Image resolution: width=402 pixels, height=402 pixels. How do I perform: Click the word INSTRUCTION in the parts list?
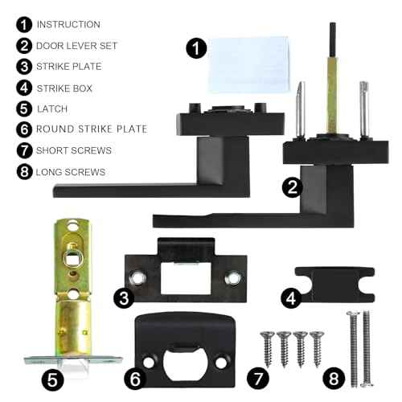[x=68, y=24]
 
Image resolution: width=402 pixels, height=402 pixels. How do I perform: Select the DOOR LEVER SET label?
[x=76, y=46]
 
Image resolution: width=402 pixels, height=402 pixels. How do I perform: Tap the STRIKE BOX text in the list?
[x=64, y=88]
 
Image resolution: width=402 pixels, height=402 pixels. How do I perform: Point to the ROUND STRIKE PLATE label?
[x=92, y=129]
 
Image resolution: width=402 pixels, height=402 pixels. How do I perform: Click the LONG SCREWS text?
[x=71, y=172]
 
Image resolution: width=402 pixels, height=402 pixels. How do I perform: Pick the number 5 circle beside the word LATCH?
[x=24, y=109]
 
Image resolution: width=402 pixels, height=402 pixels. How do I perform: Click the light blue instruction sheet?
[x=248, y=64]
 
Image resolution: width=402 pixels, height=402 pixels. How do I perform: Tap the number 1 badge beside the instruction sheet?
[x=196, y=48]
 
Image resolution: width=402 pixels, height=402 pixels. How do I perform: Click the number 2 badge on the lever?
[x=293, y=187]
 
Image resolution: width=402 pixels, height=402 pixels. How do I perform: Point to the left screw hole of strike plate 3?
[x=137, y=277]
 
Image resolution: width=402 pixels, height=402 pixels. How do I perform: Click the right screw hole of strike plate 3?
[x=232, y=277]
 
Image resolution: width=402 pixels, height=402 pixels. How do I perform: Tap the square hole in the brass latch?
[x=72, y=259]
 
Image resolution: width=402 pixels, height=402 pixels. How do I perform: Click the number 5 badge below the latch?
[x=52, y=380]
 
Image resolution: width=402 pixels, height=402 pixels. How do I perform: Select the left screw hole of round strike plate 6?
[x=149, y=363]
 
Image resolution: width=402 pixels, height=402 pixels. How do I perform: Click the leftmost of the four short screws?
[x=268, y=349]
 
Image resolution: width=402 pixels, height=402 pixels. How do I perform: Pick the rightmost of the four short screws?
[x=317, y=349]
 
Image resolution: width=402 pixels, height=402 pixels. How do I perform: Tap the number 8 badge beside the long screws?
[x=334, y=378]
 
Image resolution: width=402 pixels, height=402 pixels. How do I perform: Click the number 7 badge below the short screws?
[x=258, y=379]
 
